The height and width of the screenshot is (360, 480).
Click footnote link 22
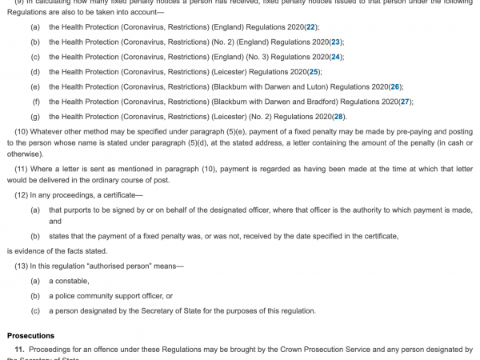[310, 27]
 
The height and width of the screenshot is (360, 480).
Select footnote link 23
[336, 42]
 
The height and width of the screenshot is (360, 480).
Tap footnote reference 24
[337, 57]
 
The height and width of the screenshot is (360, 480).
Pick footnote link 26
[394, 86]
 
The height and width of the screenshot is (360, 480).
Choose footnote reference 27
[406, 102]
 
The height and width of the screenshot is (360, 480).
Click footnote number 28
[339, 117]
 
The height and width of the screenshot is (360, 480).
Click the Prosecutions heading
[30, 335]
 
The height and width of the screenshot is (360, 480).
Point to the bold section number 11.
[20, 350]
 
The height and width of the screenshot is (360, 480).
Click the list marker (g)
[35, 117]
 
